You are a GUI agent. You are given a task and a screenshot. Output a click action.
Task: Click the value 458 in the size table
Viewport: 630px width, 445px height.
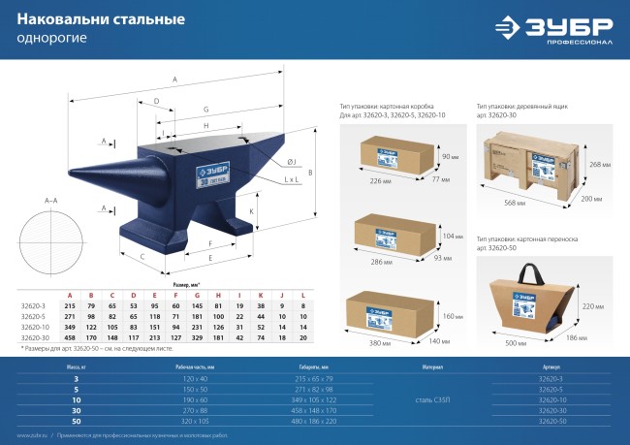(x=69, y=337)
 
